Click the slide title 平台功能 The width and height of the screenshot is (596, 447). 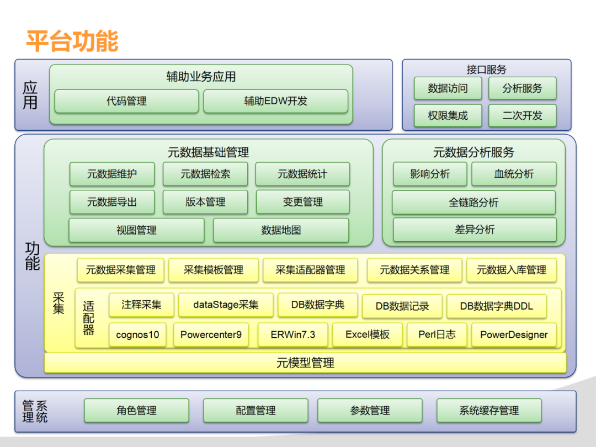click(x=72, y=41)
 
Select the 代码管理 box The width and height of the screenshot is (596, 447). click(x=126, y=102)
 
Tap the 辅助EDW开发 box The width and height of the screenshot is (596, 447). click(x=275, y=102)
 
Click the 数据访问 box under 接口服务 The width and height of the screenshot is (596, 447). click(x=448, y=88)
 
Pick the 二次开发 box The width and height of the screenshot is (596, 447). click(x=522, y=116)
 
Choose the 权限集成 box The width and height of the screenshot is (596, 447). click(x=448, y=116)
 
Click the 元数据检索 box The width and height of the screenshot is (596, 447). click(x=205, y=174)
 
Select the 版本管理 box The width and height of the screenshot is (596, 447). click(x=205, y=202)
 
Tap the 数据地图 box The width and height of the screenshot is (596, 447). click(x=281, y=230)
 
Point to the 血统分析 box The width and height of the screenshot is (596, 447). click(x=514, y=174)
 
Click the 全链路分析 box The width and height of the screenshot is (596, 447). click(x=473, y=203)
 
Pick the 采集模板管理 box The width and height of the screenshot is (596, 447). click(x=214, y=270)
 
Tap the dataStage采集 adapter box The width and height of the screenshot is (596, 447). click(x=226, y=305)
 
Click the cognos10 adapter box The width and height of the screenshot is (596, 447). click(x=137, y=334)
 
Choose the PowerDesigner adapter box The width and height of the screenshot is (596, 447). click(x=514, y=334)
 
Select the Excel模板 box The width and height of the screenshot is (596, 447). click(x=368, y=334)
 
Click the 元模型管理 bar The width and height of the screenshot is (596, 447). click(x=305, y=363)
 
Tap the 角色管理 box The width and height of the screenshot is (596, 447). click(x=136, y=411)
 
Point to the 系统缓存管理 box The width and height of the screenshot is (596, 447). click(x=489, y=411)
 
